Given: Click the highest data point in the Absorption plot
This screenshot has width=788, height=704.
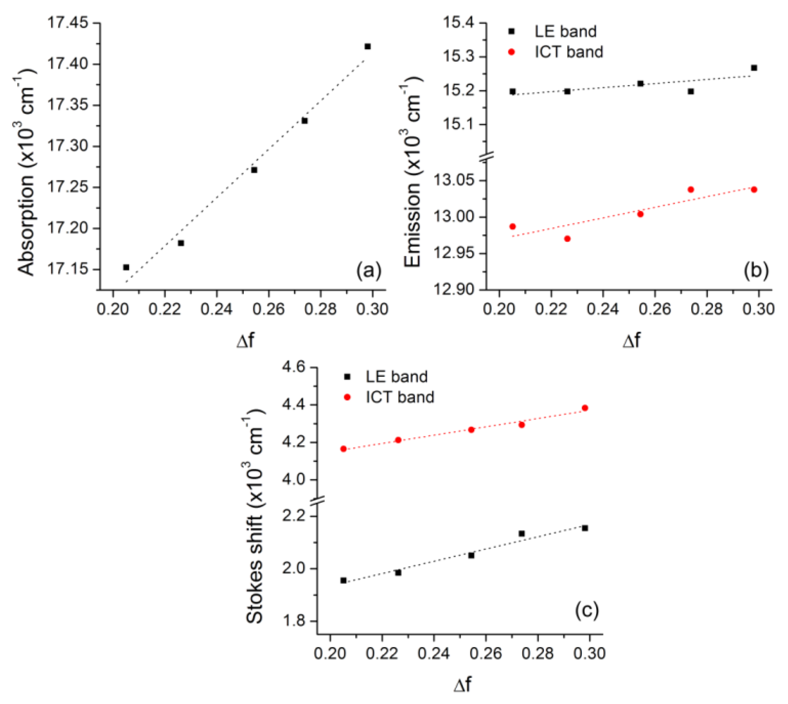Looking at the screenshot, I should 368,47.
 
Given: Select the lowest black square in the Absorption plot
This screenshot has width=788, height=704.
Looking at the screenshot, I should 126,267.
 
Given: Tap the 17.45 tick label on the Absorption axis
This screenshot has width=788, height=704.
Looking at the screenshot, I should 72,23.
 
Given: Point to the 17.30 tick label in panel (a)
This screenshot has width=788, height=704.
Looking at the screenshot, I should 72,146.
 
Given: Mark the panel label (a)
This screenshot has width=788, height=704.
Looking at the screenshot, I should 369,270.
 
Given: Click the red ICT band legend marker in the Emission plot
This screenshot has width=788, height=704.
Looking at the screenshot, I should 512,52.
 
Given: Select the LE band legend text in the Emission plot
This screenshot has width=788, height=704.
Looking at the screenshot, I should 565,31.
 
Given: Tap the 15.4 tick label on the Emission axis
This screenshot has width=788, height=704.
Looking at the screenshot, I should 465,23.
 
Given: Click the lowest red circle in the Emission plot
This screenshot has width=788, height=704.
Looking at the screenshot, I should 567,239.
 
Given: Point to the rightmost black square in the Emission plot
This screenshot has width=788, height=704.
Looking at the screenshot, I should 754,68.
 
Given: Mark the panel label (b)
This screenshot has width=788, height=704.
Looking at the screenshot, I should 756,270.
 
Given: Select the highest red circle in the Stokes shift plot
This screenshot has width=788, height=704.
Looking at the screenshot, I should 585,408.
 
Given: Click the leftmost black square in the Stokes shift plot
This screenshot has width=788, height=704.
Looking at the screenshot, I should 343,580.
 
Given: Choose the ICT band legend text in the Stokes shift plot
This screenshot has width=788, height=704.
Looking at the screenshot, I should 400,397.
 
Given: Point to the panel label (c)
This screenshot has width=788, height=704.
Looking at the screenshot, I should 587,610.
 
